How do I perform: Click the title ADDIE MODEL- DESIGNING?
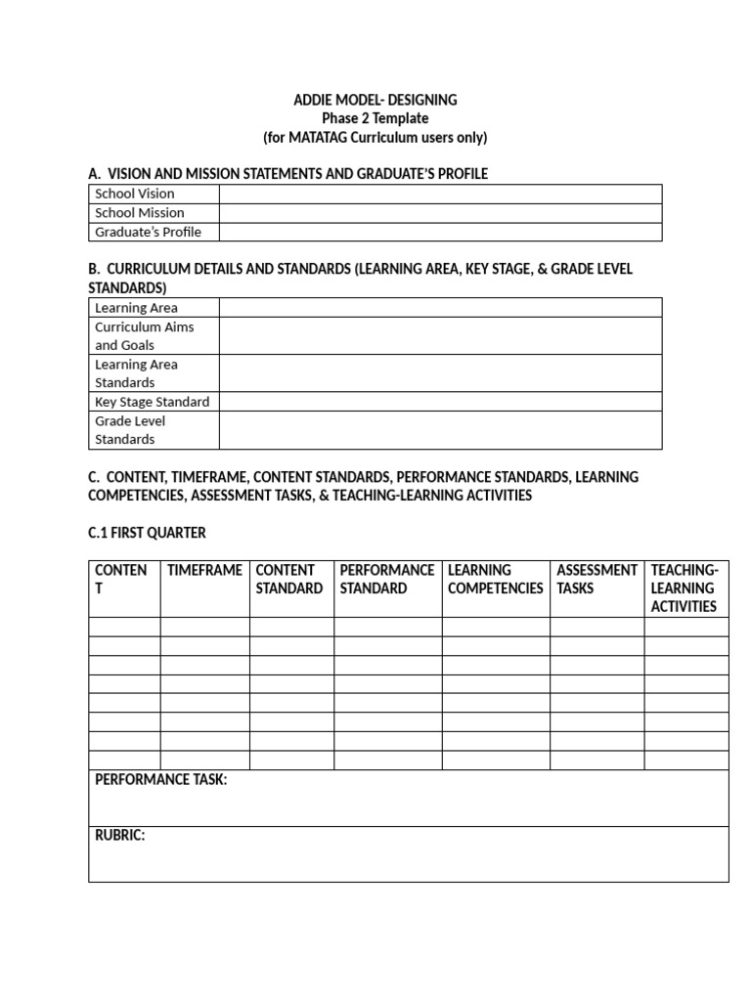pyautogui.click(x=375, y=100)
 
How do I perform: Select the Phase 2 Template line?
pyautogui.click(x=375, y=118)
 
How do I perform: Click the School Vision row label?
pyautogui.click(x=135, y=194)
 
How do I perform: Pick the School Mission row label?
pyautogui.click(x=140, y=212)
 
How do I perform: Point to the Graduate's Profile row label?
pyautogui.click(x=148, y=232)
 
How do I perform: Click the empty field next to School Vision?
pyautogui.click(x=440, y=194)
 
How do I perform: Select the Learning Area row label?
pyautogui.click(x=136, y=308)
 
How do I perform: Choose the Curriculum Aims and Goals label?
pyautogui.click(x=144, y=335)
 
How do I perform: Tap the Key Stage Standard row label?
pyautogui.click(x=152, y=402)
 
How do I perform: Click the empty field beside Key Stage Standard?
pyautogui.click(x=440, y=402)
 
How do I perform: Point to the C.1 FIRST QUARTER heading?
pyautogui.click(x=147, y=533)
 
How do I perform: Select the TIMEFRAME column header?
pyautogui.click(x=204, y=570)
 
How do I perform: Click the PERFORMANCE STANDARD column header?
pyautogui.click(x=387, y=579)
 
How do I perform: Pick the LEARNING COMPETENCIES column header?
pyautogui.click(x=495, y=579)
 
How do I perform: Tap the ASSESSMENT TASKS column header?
pyautogui.click(x=596, y=579)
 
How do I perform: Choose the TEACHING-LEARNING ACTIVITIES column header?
pyautogui.click(x=685, y=588)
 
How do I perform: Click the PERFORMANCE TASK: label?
pyautogui.click(x=160, y=780)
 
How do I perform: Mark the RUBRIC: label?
pyautogui.click(x=119, y=836)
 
